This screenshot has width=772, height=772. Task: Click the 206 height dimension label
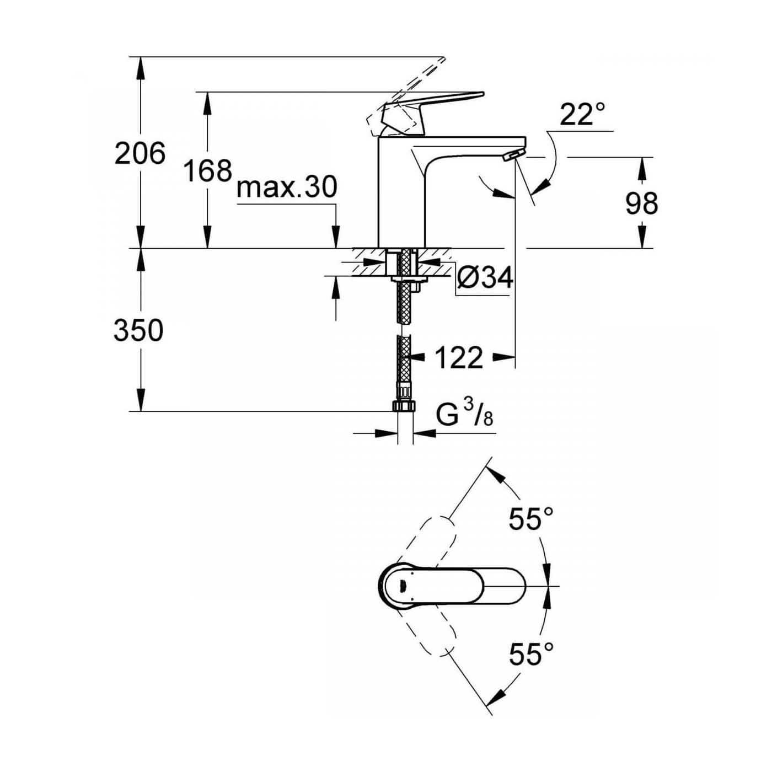140,153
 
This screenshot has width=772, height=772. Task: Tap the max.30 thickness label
286,187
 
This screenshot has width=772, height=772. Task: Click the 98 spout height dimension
641,203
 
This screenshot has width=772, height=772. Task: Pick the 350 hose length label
138,331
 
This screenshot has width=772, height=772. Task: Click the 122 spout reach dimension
459,358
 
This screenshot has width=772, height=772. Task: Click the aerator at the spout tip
512,156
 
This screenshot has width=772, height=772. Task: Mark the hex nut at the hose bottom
405,406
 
